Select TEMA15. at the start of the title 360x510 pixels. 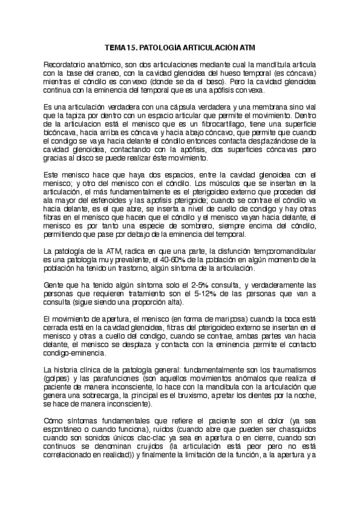point(121,46)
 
